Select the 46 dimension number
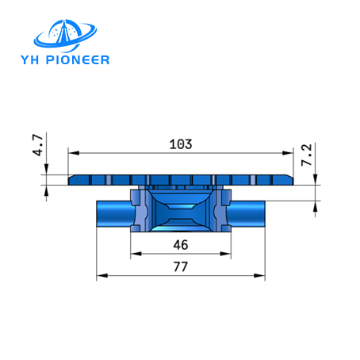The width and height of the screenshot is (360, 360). click(181, 243)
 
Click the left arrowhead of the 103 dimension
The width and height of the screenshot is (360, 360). click(73, 152)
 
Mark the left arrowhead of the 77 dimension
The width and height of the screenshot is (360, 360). click(101, 276)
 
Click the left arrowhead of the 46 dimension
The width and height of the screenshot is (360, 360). click(135, 253)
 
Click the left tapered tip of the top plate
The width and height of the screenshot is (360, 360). click(72, 181)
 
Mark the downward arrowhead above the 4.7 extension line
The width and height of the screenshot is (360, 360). click(48, 170)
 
